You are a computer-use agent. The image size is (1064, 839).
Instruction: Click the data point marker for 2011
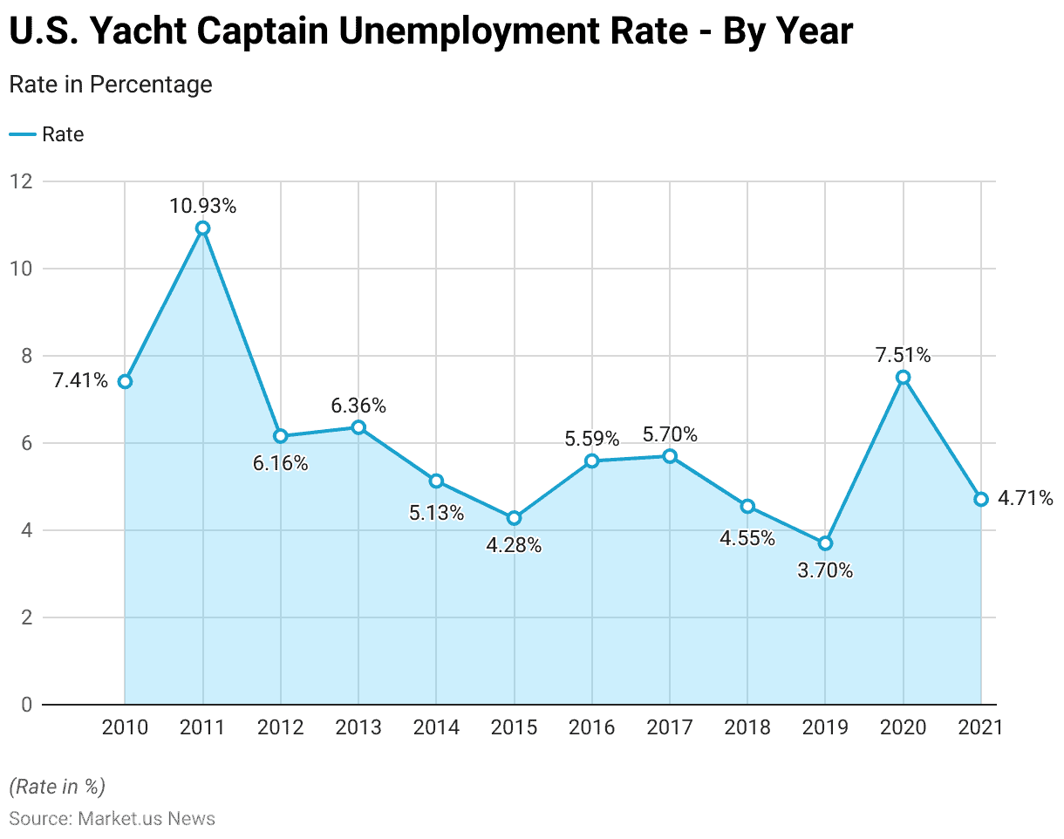tap(203, 229)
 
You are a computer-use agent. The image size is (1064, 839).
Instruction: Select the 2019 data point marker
tap(825, 543)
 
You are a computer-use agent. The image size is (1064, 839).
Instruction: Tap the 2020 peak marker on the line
tap(904, 377)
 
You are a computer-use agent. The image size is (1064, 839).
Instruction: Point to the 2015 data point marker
tap(514, 518)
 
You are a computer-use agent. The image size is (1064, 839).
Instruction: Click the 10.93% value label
tap(203, 207)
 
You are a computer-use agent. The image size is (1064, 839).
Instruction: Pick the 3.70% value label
tap(825, 571)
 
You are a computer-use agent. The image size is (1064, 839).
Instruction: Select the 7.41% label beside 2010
tap(80, 381)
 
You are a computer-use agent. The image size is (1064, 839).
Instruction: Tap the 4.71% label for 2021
tap(1026, 499)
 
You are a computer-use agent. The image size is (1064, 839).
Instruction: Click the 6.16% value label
tap(281, 463)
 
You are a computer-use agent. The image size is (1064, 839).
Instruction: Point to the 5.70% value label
tap(670, 434)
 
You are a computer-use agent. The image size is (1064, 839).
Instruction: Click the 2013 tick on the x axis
tap(358, 727)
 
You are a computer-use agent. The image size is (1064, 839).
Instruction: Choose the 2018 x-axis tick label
tap(747, 727)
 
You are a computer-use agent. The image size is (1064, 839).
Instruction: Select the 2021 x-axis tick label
tap(980, 727)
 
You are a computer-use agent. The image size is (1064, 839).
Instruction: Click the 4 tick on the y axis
tap(26, 530)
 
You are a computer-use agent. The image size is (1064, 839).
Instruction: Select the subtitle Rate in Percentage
tap(111, 85)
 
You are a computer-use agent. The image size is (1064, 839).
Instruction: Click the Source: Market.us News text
tap(112, 818)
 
